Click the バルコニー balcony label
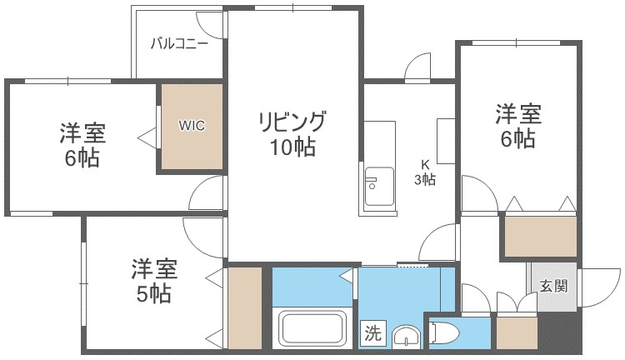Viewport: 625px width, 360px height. (179, 45)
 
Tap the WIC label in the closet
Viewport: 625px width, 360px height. (191, 127)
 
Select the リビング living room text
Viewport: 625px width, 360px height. (291, 122)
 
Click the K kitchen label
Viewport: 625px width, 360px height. (425, 165)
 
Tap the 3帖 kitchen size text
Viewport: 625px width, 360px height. (425, 179)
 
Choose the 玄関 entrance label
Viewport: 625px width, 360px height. (553, 287)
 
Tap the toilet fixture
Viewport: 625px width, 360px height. (443, 333)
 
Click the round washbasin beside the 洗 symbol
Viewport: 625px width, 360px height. (406, 337)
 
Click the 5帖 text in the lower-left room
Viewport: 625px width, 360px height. (154, 293)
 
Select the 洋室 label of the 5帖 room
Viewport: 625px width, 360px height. (154, 269)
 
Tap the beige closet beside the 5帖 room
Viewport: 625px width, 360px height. (245, 307)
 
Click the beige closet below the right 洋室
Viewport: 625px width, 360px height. (540, 236)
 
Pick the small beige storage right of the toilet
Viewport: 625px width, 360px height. (516, 332)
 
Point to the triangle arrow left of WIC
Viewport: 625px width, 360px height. (144, 133)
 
